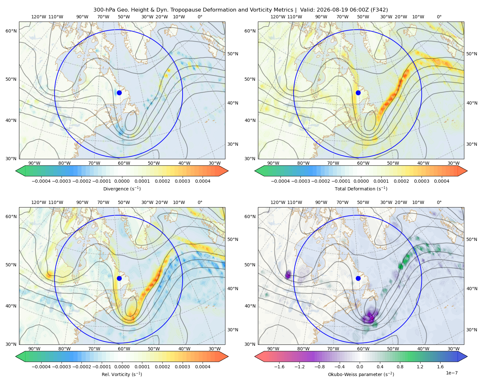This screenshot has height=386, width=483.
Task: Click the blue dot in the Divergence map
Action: tap(119, 93)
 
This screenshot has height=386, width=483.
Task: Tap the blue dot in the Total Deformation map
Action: tap(358, 93)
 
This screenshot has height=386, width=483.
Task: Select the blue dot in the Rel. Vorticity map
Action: tap(119, 278)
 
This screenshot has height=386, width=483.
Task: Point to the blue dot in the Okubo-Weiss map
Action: tap(358, 278)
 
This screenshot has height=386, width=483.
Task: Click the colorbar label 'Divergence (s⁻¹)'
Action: tap(122, 188)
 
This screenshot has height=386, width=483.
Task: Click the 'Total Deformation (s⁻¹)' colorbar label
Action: tap(361, 188)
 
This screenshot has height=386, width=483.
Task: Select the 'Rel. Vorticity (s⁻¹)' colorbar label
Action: tap(122, 374)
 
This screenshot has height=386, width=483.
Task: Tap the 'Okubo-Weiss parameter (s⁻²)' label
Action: tap(361, 374)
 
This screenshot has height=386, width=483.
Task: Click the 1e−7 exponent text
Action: tap(451, 373)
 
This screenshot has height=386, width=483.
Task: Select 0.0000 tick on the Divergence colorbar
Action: tap(122, 181)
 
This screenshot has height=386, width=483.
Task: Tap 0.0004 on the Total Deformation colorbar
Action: tap(441, 181)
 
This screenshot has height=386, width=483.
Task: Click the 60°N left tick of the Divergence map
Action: tap(11, 31)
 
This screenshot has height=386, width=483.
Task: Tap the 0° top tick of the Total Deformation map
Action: tap(439, 17)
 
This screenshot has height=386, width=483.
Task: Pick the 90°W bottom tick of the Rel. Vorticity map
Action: tap(34, 349)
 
